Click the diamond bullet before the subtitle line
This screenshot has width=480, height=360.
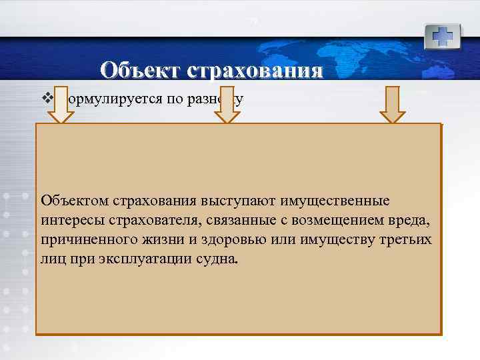click(46, 99)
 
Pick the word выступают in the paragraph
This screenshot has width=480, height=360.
click(246, 201)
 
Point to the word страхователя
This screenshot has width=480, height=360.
click(143, 220)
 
